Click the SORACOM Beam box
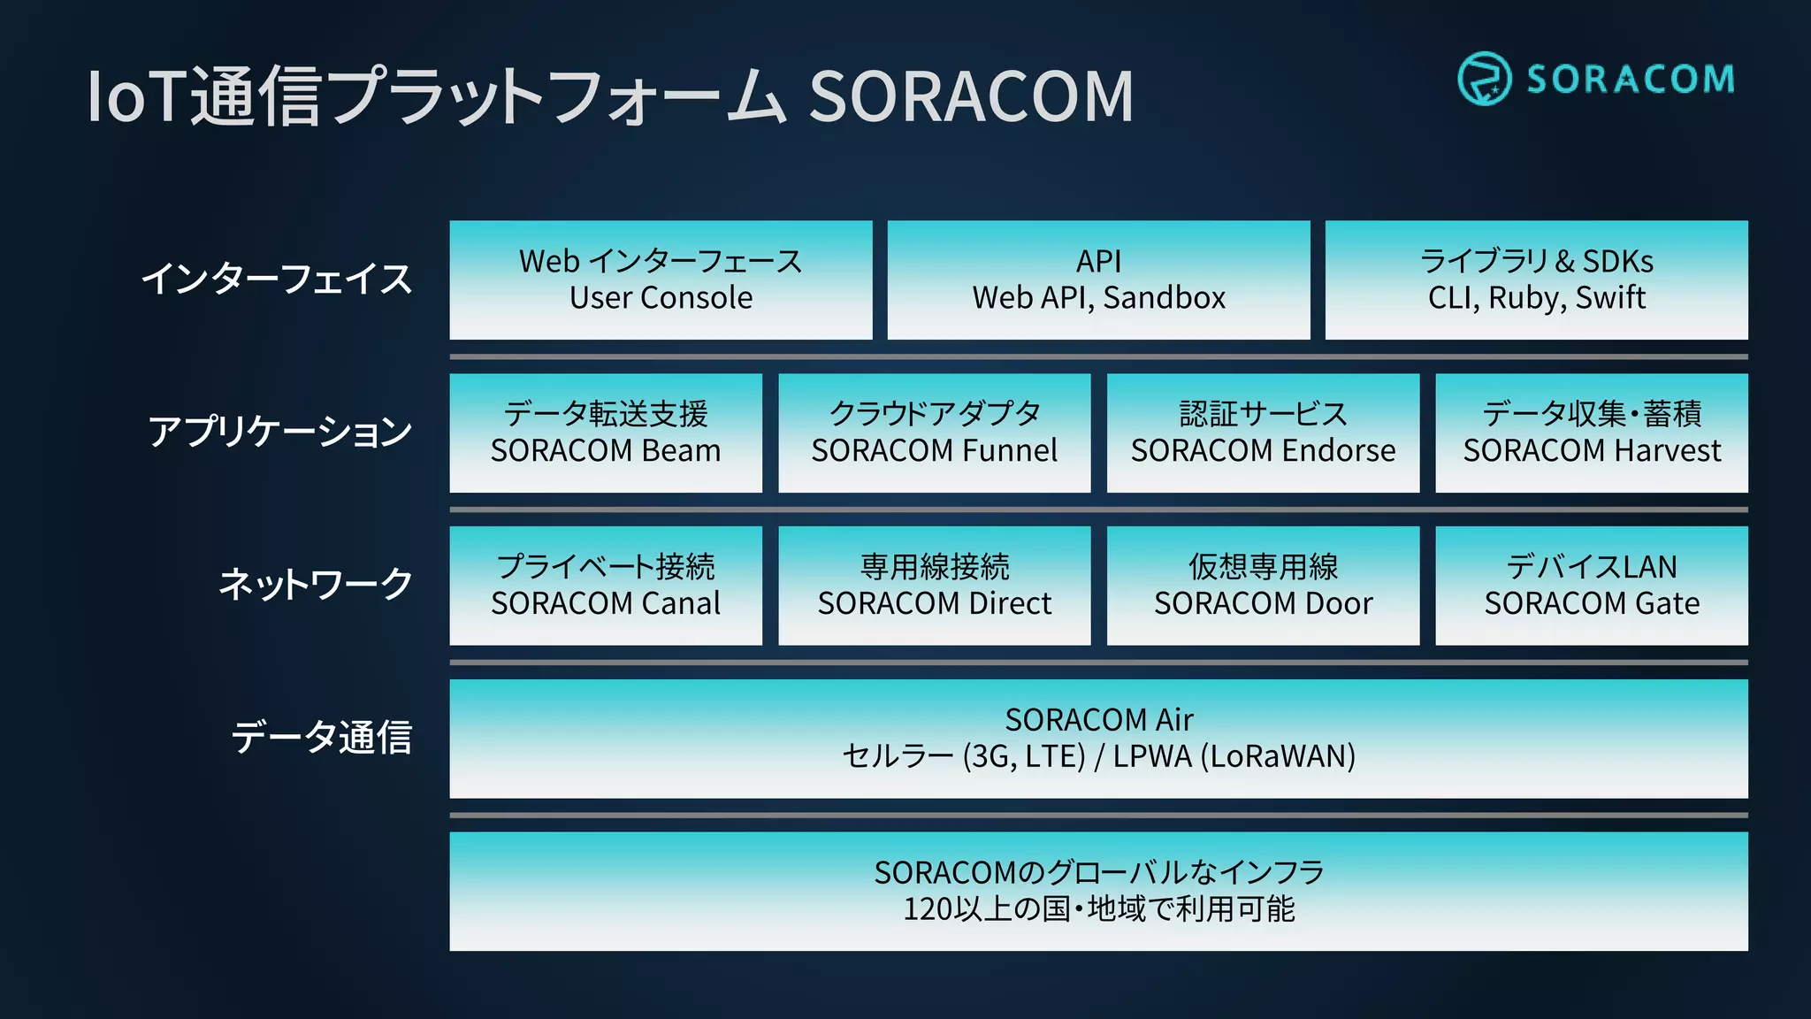[x=606, y=433]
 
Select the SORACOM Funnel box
[x=935, y=433]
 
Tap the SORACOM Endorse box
[x=1263, y=433]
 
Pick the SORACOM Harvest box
[x=1592, y=433]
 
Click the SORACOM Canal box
[x=606, y=586]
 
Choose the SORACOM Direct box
[x=935, y=586]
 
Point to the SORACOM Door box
[x=1263, y=586]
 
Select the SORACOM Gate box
[x=1592, y=586]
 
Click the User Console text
[x=661, y=298]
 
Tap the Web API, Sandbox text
[x=1098, y=298]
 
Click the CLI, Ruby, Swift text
[x=1536, y=298]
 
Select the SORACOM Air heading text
[x=1098, y=720]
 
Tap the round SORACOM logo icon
[x=1484, y=79]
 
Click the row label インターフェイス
[x=277, y=279]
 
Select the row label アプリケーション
[x=279, y=432]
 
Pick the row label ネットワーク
[x=315, y=585]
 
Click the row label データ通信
[x=321, y=738]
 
